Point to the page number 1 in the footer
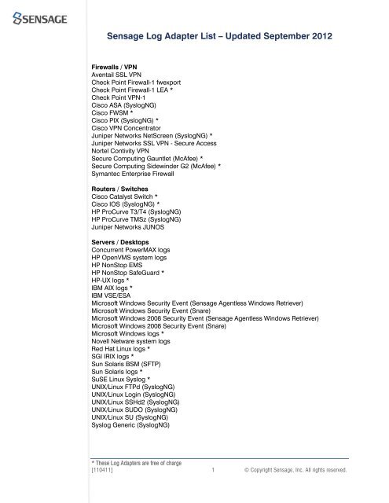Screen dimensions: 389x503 click(215, 470)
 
